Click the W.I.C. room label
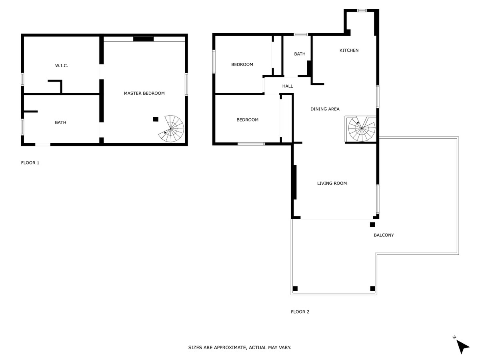click(x=62, y=66)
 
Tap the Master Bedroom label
click(x=144, y=93)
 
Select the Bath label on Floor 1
click(x=60, y=122)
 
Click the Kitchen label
click(x=349, y=50)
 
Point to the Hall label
click(x=287, y=86)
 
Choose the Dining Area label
click(x=325, y=109)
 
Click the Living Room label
click(x=332, y=183)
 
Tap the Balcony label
click(x=384, y=235)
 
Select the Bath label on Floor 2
click(x=300, y=54)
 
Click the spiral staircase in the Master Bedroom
click(x=171, y=129)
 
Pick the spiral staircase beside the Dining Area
click(x=362, y=128)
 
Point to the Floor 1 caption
click(x=30, y=163)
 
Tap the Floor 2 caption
click(x=300, y=312)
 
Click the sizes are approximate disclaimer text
click(x=240, y=348)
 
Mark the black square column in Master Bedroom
click(x=156, y=119)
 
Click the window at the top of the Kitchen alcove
click(x=362, y=10)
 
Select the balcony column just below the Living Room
click(x=372, y=224)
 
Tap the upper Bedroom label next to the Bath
click(x=242, y=64)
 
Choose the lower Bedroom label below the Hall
click(x=247, y=120)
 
